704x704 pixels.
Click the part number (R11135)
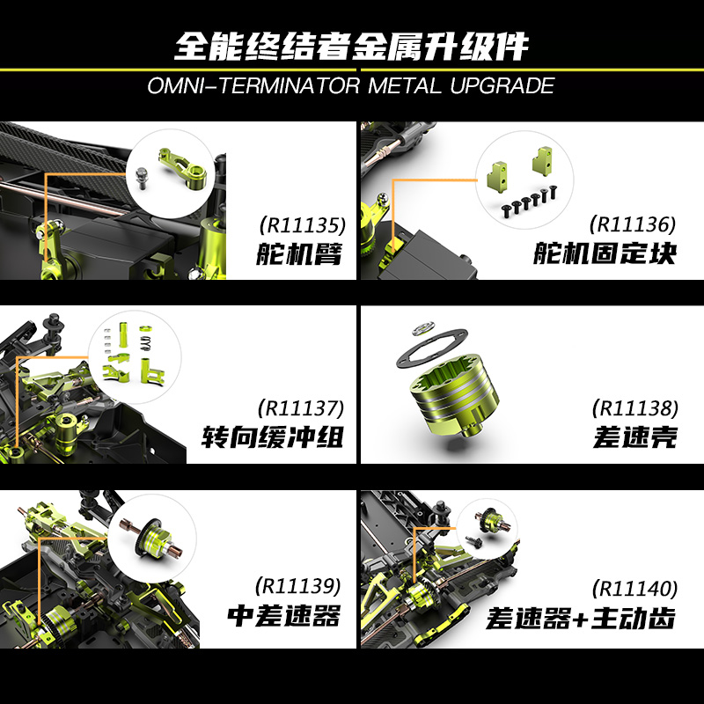click(x=298, y=224)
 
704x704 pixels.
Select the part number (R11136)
click(x=634, y=224)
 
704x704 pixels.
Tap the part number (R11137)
click(x=298, y=407)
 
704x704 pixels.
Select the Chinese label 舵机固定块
click(x=605, y=254)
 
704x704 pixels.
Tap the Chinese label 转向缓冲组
click(x=271, y=437)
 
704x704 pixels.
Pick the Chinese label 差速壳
click(x=634, y=437)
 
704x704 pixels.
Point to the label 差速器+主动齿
click(x=581, y=618)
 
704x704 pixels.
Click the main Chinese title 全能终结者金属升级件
click(x=352, y=44)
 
